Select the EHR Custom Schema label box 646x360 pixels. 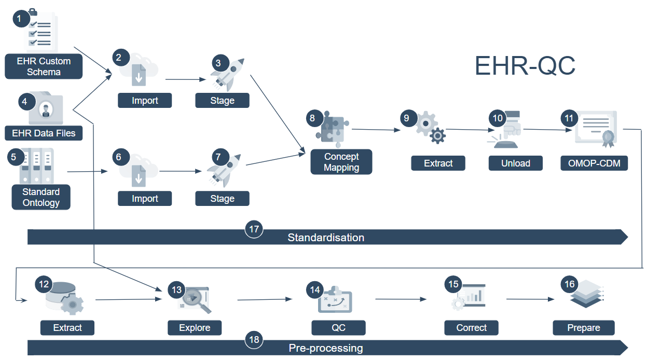click(44, 66)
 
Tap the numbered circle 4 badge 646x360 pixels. click(24, 101)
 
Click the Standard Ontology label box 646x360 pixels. click(41, 198)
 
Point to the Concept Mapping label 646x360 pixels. click(341, 162)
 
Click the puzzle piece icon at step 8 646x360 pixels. click(332, 127)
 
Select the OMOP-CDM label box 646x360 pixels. click(594, 163)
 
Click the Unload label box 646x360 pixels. click(516, 163)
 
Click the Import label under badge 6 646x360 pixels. click(145, 199)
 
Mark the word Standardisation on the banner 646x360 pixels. click(326, 238)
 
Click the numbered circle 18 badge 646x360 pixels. click(254, 340)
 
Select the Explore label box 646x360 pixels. click(195, 328)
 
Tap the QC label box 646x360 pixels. click(338, 328)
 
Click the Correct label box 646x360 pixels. click(471, 328)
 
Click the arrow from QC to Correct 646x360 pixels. click(401, 299)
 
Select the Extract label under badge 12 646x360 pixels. click(67, 328)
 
